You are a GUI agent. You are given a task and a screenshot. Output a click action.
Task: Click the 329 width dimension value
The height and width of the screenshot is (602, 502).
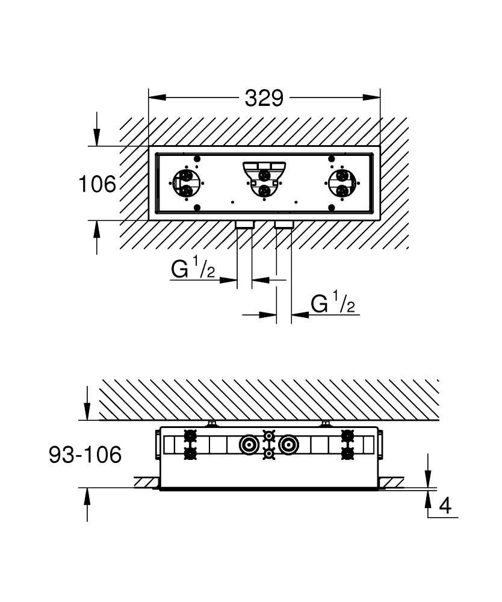tap(264, 98)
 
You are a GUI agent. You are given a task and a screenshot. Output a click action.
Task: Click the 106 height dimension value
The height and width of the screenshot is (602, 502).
tap(97, 184)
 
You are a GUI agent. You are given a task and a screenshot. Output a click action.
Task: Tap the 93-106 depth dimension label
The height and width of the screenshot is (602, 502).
tap(85, 455)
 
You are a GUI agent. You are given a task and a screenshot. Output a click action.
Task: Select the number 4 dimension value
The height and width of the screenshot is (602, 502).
tap(445, 506)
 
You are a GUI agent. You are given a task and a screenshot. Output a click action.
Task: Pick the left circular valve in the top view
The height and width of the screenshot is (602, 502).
tap(186, 184)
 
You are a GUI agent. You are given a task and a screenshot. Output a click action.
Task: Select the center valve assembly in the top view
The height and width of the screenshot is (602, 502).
tap(264, 179)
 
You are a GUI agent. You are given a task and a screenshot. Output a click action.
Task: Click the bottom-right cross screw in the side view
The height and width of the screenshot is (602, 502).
tap(347, 453)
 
